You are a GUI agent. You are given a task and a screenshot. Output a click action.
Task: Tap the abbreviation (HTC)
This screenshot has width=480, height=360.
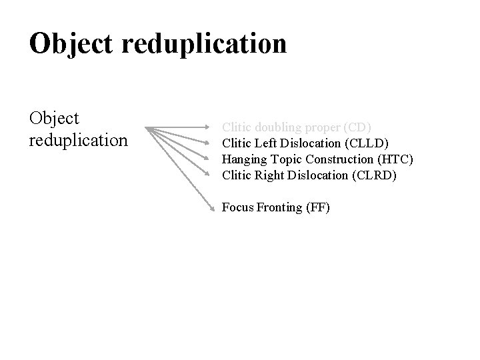396,159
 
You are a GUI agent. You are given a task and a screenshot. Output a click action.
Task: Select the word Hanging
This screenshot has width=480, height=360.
243,159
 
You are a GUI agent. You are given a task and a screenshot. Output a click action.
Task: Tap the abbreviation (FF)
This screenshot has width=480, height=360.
318,207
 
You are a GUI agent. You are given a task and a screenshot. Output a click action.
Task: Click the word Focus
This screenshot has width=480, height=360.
237,207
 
